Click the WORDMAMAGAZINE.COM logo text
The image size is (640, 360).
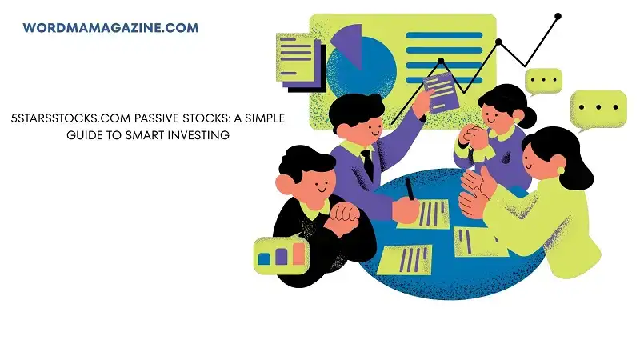[x=110, y=28]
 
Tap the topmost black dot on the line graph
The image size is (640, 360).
[x=558, y=15]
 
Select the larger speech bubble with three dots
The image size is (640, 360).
[x=598, y=109]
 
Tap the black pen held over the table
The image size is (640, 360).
[x=410, y=190]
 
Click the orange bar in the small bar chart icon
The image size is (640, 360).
[x=298, y=254]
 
